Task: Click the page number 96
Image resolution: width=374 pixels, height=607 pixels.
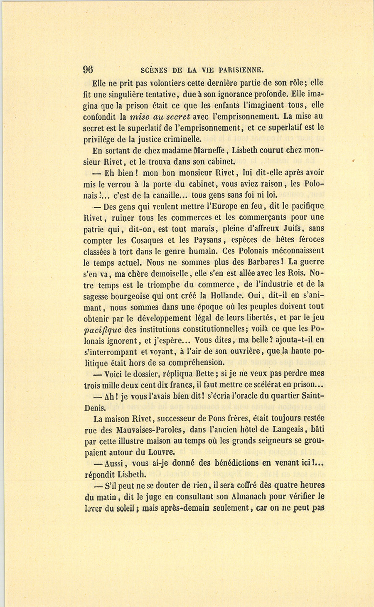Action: coord(88,69)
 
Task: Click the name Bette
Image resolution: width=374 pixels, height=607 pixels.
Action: coord(202,374)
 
